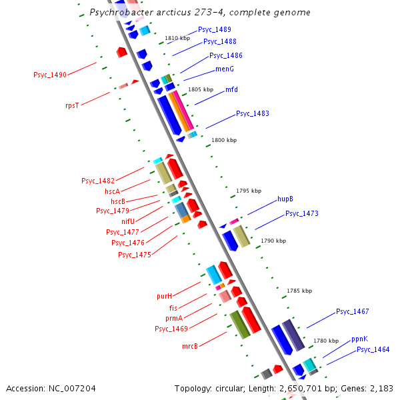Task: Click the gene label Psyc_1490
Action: coord(50,75)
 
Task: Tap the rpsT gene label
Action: coord(72,105)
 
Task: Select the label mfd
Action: coord(231,89)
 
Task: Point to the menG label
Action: coord(225,69)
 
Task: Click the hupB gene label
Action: coord(285,199)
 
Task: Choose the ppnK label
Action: coord(359,339)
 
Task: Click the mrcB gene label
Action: coord(190,346)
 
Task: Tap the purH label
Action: coord(164,296)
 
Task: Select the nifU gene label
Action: coord(129,221)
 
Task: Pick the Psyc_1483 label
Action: coord(253,114)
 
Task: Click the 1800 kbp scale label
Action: coord(224,141)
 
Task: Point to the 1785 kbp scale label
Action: coord(299,291)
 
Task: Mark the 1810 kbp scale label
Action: coord(177,39)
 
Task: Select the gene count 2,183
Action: coord(381,388)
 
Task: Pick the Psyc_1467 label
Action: coord(353,311)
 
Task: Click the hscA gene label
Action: coord(113,191)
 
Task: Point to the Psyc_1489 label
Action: coord(215,30)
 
